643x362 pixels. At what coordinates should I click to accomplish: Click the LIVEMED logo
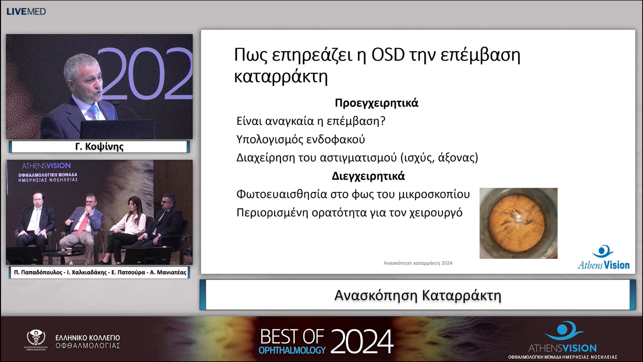(26, 12)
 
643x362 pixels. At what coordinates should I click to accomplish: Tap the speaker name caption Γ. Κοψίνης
(99, 147)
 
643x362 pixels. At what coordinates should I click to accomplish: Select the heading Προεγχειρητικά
(377, 103)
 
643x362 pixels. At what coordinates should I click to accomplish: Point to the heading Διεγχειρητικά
(368, 176)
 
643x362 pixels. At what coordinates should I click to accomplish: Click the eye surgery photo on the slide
(518, 223)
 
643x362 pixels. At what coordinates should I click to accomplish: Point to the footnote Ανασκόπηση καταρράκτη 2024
(418, 263)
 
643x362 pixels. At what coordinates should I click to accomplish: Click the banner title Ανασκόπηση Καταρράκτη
(418, 295)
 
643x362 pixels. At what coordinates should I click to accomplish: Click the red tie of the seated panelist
(83, 224)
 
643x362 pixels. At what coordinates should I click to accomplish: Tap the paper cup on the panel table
(69, 250)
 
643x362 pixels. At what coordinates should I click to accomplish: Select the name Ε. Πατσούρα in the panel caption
(128, 272)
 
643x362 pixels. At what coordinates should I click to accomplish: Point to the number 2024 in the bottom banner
(362, 341)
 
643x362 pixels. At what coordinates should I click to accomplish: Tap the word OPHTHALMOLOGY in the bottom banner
(292, 350)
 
